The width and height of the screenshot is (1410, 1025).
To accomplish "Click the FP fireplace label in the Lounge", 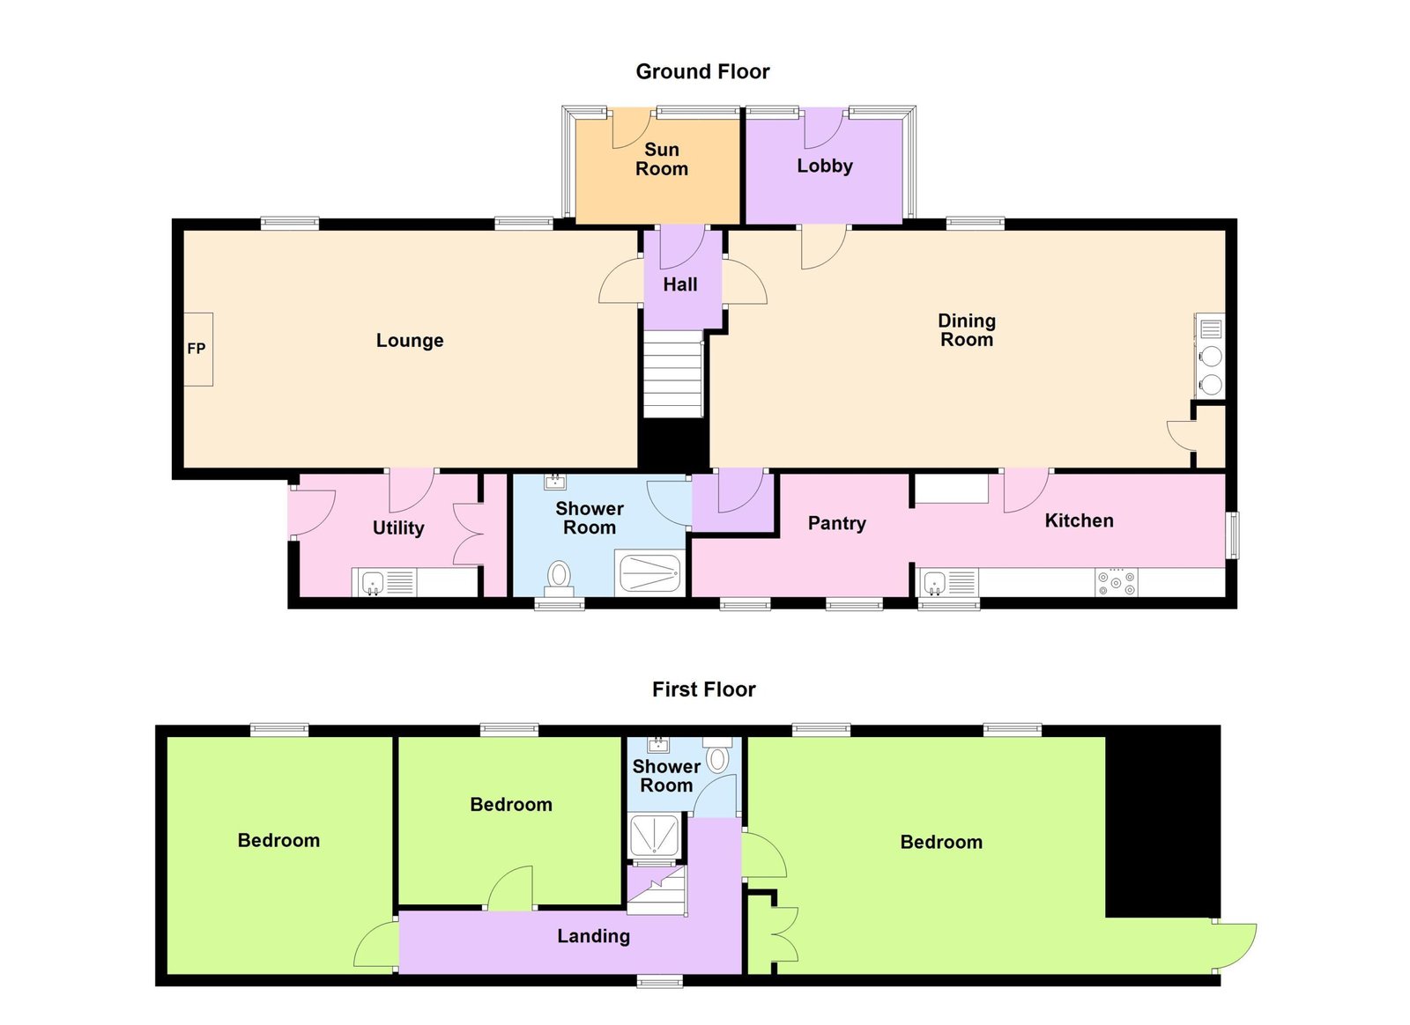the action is click(197, 349).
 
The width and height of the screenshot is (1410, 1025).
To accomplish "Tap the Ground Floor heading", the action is click(702, 71).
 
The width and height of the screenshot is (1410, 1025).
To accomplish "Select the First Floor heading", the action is click(704, 689).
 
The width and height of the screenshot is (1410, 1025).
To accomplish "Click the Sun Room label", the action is click(662, 159).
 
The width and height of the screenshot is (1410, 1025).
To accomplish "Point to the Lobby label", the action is click(825, 166).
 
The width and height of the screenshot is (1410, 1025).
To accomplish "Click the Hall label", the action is click(679, 284).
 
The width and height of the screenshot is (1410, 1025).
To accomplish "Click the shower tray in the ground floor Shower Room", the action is click(649, 573).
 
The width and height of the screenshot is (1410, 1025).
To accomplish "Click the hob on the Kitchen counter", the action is click(1116, 582).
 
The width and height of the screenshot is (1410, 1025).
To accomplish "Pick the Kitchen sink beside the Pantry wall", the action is click(949, 582).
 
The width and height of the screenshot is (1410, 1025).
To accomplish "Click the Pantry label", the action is click(836, 523).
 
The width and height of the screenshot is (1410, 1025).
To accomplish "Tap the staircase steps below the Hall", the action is click(672, 374).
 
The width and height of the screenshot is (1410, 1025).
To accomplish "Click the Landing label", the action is click(593, 936).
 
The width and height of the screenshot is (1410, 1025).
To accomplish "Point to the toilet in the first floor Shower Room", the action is click(717, 756).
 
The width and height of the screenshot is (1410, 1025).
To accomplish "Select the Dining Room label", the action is click(966, 330).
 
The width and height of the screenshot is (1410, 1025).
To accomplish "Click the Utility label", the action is click(397, 527).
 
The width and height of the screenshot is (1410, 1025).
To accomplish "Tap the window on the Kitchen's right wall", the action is click(1234, 535).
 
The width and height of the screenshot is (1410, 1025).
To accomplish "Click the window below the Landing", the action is click(659, 981).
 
